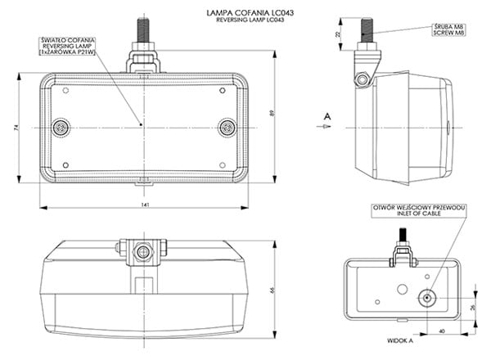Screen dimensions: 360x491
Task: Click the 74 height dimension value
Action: click(x=16, y=128)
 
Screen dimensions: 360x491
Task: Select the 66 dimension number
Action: click(x=273, y=290)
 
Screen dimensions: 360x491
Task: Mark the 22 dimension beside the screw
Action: click(x=339, y=34)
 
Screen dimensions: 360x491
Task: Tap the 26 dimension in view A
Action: click(x=474, y=307)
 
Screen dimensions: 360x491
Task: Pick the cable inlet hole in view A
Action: click(x=426, y=298)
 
